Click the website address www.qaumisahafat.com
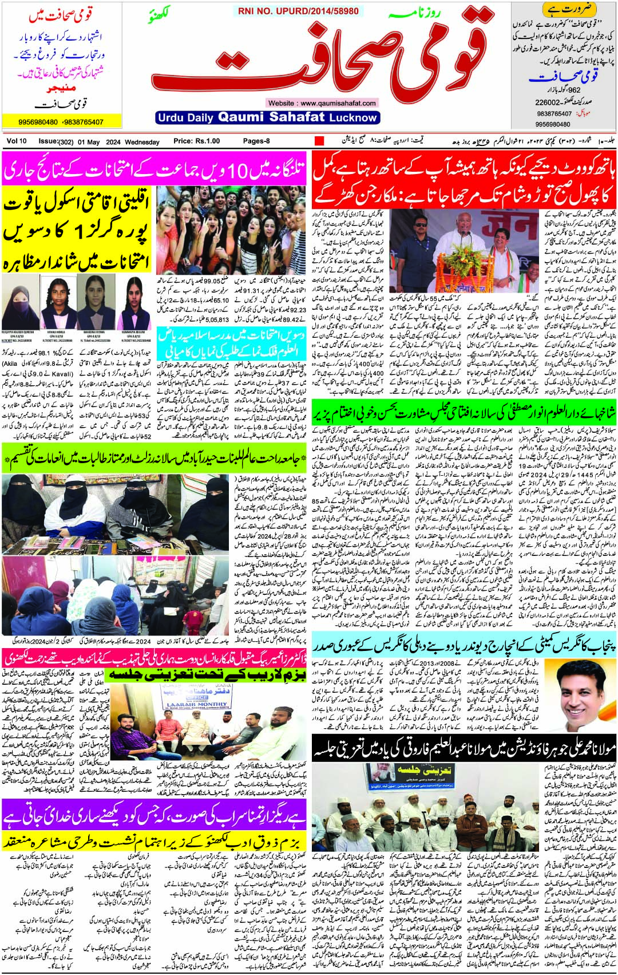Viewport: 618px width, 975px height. (322, 103)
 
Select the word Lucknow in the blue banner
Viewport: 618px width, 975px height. (353, 117)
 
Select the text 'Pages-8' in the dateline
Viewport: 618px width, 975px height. (256, 141)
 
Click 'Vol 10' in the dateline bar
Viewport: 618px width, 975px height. (17, 141)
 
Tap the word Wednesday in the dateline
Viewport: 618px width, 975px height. (142, 141)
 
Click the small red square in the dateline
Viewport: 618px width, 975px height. (319, 141)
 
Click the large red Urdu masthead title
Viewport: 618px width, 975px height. (320, 63)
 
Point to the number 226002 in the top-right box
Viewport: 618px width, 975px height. (548, 102)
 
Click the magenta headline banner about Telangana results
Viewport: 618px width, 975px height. (154, 169)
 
